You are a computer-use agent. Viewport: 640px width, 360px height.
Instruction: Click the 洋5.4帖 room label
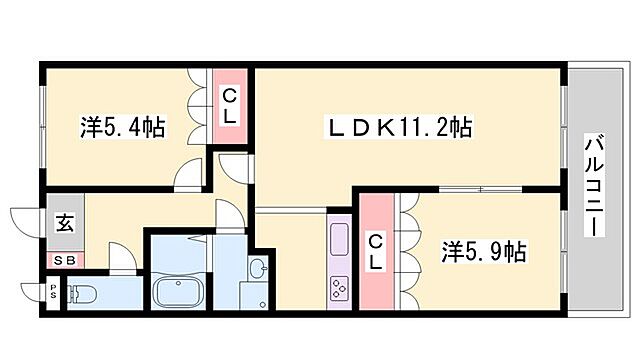click(x=123, y=128)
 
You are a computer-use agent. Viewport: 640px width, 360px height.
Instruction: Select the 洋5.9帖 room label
click(x=484, y=251)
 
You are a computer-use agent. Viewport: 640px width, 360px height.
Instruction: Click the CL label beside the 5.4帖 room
click(x=230, y=107)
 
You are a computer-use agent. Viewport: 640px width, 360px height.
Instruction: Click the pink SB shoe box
click(x=63, y=260)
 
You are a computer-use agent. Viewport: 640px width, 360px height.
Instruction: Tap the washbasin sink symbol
click(x=257, y=268)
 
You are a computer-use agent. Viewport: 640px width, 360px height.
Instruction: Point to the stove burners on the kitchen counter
click(x=337, y=287)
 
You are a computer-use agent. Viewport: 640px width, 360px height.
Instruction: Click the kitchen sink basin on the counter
click(x=337, y=240)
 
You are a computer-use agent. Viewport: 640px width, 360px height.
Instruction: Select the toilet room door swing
click(x=122, y=259)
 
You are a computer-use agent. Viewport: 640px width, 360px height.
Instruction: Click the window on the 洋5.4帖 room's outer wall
click(x=43, y=125)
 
